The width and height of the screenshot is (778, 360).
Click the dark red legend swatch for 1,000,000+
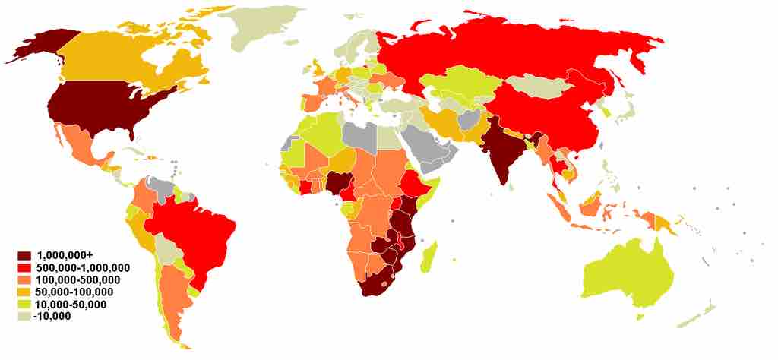[25, 255]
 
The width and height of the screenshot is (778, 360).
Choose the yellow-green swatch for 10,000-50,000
[25, 305]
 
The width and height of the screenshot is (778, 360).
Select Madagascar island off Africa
[429, 254]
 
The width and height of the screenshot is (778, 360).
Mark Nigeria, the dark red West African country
[337, 183]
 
